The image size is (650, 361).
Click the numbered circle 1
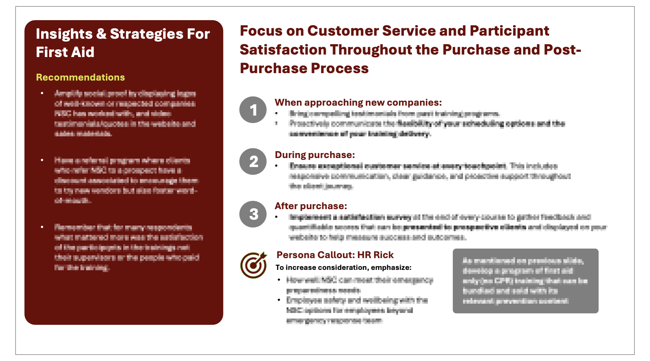253,110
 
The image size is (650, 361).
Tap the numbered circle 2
253,161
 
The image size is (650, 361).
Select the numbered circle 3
253,214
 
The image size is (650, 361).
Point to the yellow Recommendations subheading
80,77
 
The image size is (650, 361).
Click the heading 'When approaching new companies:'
358,102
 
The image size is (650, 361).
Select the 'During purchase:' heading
315,155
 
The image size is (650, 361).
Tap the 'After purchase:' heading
311,206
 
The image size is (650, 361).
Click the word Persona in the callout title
296,255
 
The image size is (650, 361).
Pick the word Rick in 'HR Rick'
383,255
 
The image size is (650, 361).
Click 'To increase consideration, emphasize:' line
343,267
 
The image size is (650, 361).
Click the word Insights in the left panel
64,34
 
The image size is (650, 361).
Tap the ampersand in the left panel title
101,34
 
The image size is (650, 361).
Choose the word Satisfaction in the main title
283,50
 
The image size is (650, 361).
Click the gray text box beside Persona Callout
525,281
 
